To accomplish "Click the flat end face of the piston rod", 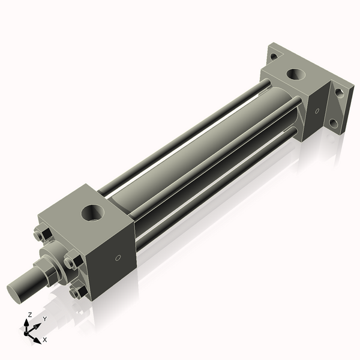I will tap(17, 292).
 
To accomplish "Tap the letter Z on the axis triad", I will tap(30, 314).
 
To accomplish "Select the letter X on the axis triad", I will tap(45, 340).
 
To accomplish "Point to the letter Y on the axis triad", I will tap(45, 319).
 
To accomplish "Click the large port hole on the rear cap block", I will tap(295, 74).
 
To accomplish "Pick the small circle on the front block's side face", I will tap(118, 258).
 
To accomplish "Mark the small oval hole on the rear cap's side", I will tap(316, 110).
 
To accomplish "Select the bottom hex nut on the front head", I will tap(75, 292).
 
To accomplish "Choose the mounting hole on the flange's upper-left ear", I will tap(274, 56).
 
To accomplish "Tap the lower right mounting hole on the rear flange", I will tap(334, 124).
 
